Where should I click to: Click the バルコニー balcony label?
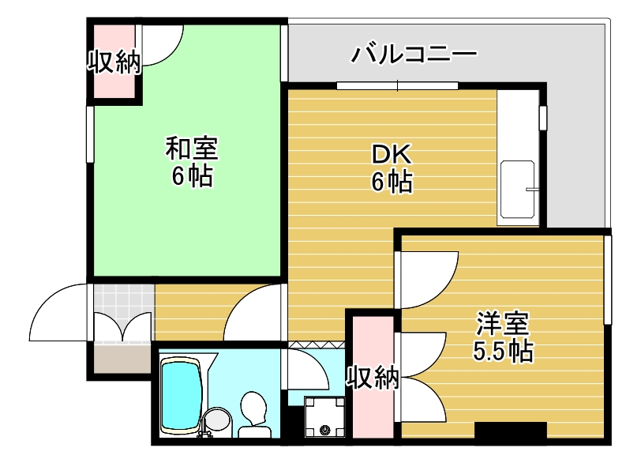[x=414, y=55]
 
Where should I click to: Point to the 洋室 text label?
[x=501, y=323]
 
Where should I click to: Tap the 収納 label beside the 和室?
[x=114, y=62]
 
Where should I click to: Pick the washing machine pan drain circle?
[x=324, y=430]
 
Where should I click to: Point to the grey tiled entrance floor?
[x=123, y=299]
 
